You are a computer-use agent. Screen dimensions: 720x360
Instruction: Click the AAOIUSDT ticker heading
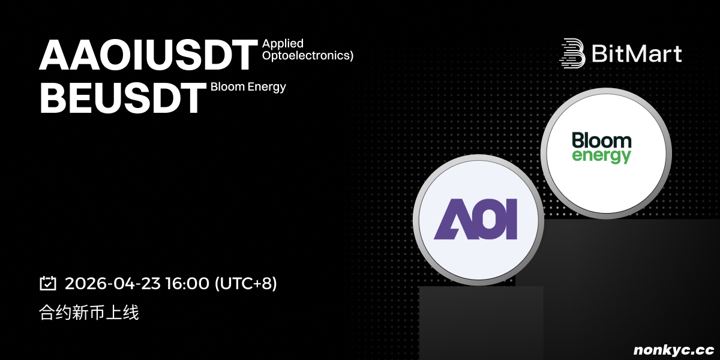pos(149,55)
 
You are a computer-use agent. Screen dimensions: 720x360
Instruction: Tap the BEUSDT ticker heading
pos(123,98)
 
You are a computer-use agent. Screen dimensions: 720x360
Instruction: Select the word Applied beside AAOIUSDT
pos(283,44)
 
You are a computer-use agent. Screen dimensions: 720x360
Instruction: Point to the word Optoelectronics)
pos(308,55)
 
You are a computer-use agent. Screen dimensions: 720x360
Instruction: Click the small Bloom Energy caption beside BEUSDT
pos(248,87)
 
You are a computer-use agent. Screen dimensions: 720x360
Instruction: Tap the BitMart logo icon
pos(572,53)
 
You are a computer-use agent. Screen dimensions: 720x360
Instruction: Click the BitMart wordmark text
pos(637,53)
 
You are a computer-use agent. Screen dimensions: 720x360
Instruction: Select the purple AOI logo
pos(475,219)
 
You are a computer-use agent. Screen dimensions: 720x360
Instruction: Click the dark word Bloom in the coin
pos(601,140)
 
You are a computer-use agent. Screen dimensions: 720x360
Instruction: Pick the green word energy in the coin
pos(601,156)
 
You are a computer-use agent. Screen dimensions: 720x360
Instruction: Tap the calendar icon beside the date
pos(48,283)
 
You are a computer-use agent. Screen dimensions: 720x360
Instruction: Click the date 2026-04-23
pos(113,283)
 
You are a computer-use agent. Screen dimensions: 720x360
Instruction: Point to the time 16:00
pos(187,283)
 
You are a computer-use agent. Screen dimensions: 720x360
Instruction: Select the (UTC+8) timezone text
pos(245,283)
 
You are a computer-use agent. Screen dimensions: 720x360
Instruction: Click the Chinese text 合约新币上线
pos(89,313)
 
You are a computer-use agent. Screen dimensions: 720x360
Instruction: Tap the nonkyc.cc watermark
pos(674,350)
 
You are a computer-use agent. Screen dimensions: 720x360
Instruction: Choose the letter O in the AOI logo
pos(487,219)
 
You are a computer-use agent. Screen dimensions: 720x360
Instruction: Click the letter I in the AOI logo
pos(511,219)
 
